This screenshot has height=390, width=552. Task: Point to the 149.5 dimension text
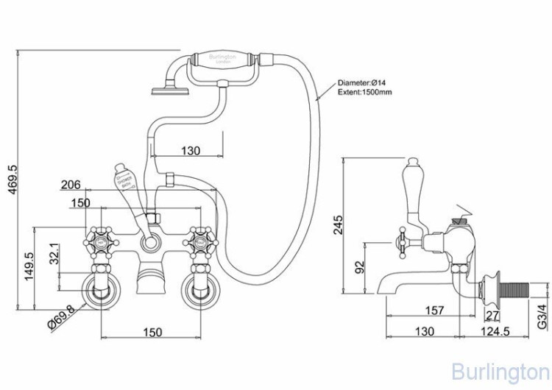[30, 267]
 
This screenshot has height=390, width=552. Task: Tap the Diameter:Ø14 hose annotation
[362, 83]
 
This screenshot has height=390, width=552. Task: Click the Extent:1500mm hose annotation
[365, 93]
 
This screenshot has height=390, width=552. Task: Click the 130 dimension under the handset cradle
[189, 151]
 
